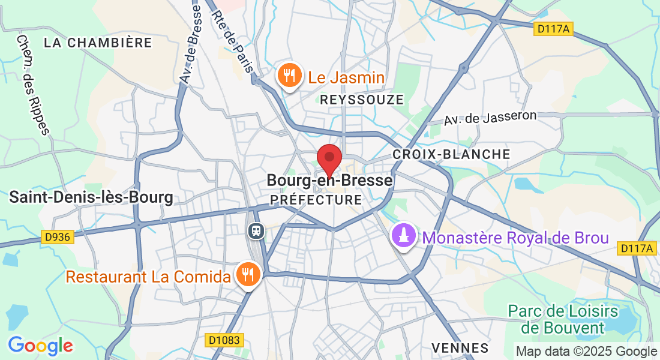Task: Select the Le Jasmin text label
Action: coord(346,77)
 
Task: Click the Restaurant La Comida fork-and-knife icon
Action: coord(247,275)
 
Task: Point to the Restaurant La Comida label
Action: coord(148,277)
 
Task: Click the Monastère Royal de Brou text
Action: coord(515,238)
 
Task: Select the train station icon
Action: coord(256,230)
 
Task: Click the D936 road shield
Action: coord(58,237)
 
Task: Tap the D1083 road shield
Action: coord(224,340)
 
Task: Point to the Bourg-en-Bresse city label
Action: coord(329,180)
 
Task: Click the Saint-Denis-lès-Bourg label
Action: coord(91,197)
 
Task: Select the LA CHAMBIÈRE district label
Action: coord(98,43)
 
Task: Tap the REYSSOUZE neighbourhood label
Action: coord(362,100)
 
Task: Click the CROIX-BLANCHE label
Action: coord(451,154)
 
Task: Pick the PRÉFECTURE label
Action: coord(316,199)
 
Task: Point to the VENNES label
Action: coord(460,347)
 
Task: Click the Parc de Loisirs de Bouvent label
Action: coord(562,319)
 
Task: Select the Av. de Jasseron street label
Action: coord(490,117)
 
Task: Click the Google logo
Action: coord(40,346)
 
